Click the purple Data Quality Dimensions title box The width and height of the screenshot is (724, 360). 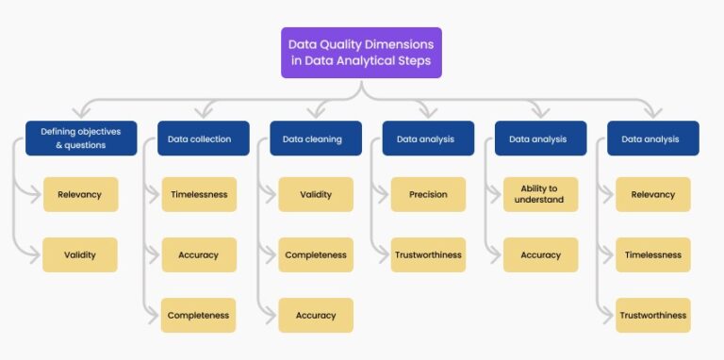tap(361, 52)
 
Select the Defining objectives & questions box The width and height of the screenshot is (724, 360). tap(81, 139)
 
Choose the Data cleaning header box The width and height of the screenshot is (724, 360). tap(312, 139)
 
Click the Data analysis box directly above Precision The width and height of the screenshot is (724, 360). tap(425, 139)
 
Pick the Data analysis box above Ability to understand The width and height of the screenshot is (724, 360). tap(538, 139)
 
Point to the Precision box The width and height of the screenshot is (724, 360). tap(428, 194)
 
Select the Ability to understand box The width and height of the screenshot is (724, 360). tap(540, 194)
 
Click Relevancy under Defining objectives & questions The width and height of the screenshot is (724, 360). tap(80, 194)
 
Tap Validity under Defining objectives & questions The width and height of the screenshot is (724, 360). tap(80, 254)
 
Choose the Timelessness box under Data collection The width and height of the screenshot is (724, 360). tap(198, 194)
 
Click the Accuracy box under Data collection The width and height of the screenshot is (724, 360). tap(198, 254)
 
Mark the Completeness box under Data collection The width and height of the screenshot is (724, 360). tap(198, 315)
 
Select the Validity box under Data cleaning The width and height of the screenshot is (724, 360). tap(316, 194)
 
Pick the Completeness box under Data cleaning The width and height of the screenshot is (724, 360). tap(316, 254)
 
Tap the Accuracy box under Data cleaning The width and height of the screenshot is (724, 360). tap(316, 315)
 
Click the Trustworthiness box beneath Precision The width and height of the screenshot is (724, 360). tap(428, 254)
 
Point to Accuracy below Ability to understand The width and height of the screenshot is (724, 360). tap(540, 254)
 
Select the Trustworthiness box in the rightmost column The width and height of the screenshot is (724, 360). tap(653, 315)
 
